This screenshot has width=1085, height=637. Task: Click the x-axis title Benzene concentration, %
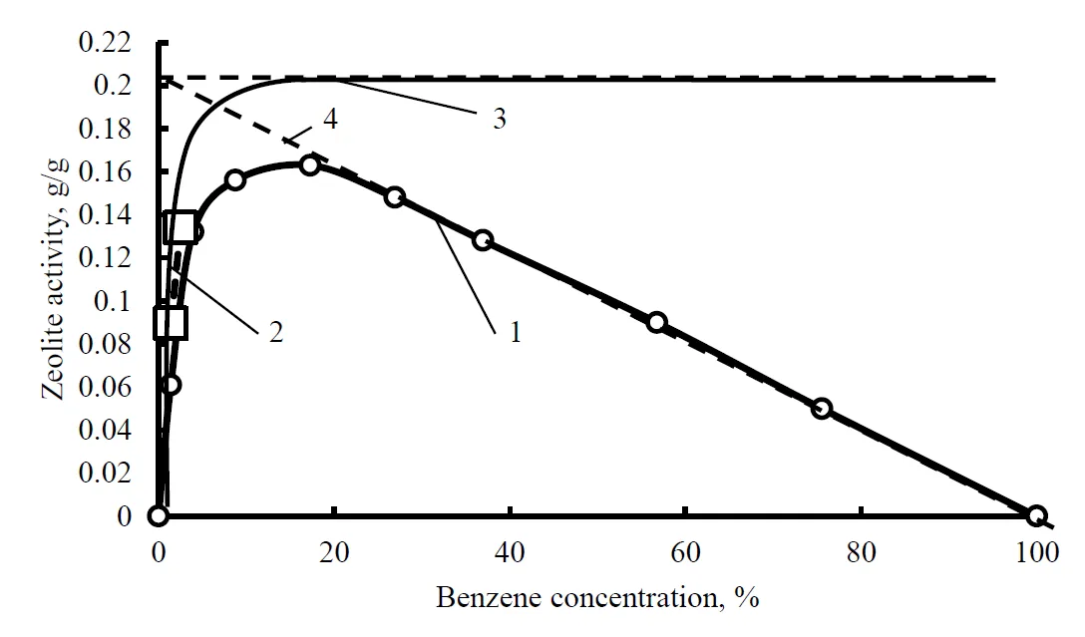coord(597,598)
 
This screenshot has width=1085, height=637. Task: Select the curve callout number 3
coord(499,120)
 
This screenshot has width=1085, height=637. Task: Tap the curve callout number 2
coord(275,332)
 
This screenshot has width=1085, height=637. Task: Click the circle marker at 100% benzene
coord(1036,515)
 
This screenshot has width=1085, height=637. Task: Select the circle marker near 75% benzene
coord(822,408)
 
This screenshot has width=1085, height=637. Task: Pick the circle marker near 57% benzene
coord(656,322)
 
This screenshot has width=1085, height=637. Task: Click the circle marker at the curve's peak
coord(309,164)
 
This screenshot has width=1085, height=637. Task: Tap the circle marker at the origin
coord(158,515)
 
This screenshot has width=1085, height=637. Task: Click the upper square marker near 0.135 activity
coord(181,227)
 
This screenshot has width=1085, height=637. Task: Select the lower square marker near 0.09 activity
coord(171,323)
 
